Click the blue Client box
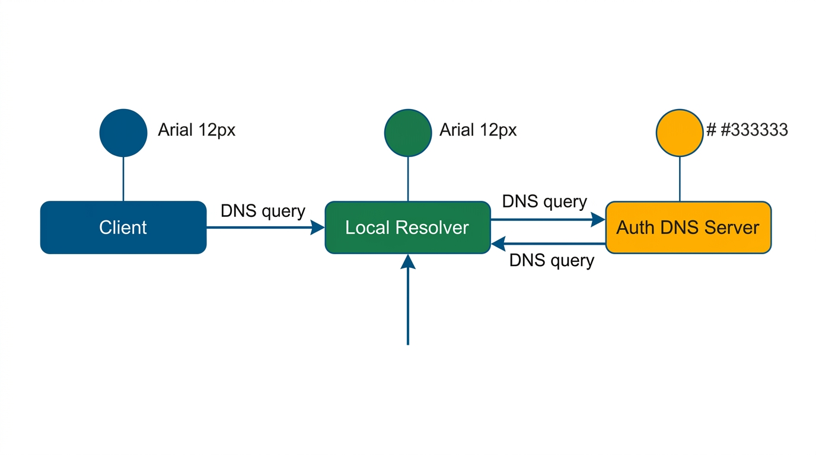tap(123, 227)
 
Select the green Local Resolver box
tap(407, 227)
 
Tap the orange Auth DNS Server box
tap(688, 227)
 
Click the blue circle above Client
tap(123, 133)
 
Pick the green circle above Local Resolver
tap(408, 133)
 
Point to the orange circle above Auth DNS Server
tap(680, 133)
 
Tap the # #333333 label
tap(747, 130)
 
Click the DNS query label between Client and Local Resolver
tap(263, 211)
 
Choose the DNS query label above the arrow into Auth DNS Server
tap(544, 201)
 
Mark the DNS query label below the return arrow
tap(552, 260)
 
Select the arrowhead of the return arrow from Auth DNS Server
tap(498, 243)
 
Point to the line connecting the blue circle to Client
tap(123, 179)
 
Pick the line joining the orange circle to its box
tap(680, 179)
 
